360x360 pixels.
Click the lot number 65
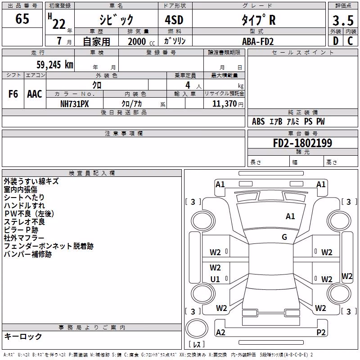click(22, 18)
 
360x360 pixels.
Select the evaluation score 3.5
click(343, 21)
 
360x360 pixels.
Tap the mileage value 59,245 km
click(55, 65)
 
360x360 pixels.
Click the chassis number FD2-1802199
click(302, 143)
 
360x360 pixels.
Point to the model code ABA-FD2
click(258, 41)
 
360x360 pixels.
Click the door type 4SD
click(174, 20)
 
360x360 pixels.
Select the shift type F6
click(13, 94)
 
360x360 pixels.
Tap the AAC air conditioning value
click(35, 94)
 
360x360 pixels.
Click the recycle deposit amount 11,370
click(225, 104)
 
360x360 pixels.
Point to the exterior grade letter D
click(336, 41)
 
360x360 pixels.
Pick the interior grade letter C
click(350, 41)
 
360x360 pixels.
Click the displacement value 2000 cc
click(141, 41)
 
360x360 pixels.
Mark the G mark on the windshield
click(284, 237)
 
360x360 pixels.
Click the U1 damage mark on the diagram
click(215, 279)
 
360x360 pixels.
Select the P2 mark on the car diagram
click(321, 332)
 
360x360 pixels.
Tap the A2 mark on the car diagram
click(220, 332)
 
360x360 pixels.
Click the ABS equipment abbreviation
click(258, 121)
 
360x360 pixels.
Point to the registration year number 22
click(59, 24)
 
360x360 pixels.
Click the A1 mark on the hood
click(290, 216)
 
